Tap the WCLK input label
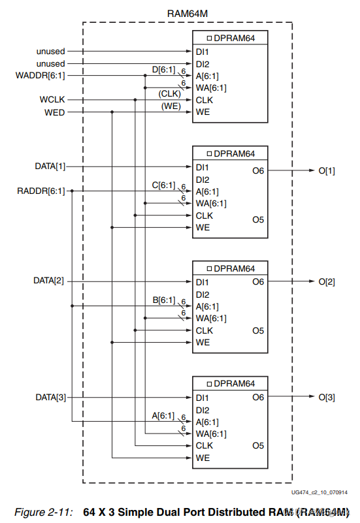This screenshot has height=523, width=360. point(52,100)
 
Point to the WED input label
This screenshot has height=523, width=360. point(54,112)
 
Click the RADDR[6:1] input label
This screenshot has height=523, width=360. point(39,191)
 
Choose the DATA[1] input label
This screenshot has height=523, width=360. point(50,166)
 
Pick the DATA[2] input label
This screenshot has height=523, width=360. point(50,281)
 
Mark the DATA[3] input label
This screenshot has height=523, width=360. point(50,397)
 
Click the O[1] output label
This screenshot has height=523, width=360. point(327,171)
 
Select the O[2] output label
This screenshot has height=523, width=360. point(327,282)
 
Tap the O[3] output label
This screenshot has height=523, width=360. point(327,398)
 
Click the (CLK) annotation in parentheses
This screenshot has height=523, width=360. point(169,93)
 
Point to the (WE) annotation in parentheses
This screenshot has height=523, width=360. point(171,106)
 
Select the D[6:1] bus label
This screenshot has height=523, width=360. point(163,69)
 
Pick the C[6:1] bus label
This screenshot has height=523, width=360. point(163,185)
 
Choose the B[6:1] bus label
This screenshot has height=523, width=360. point(163,300)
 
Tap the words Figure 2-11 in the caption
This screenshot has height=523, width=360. point(44,512)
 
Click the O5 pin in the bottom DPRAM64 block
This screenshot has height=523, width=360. point(258,446)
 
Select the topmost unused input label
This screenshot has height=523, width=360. point(50,51)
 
